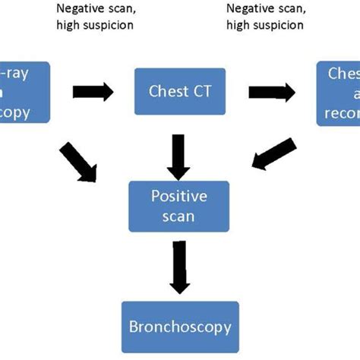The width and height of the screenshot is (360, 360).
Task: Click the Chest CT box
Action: tap(180, 92)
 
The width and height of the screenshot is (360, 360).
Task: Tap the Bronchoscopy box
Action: tap(180, 328)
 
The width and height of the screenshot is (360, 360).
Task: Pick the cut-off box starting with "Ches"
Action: tap(339, 92)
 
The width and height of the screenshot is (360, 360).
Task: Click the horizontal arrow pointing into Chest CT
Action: tap(93, 92)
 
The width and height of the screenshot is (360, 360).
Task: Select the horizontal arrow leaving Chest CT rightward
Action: tap(271, 92)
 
